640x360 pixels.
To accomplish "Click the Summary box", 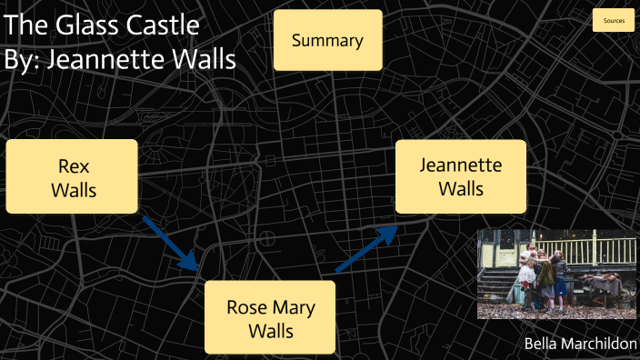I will (327, 41).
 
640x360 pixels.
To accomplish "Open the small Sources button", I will (613, 20).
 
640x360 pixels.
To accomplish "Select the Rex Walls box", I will (73, 177).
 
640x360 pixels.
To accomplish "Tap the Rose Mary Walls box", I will (270, 318).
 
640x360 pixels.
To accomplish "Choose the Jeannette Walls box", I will (461, 176).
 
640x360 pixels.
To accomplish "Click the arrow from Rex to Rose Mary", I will (172, 243).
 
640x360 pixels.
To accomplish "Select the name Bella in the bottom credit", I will (544, 343).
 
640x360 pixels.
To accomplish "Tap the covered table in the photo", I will (602, 287).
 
